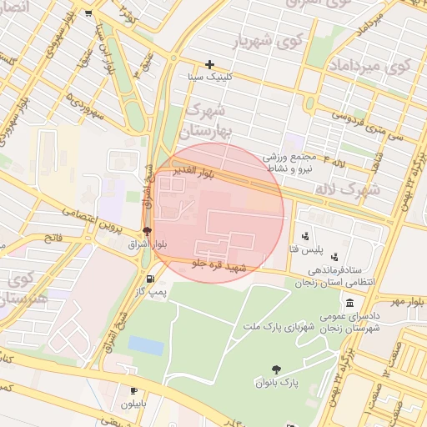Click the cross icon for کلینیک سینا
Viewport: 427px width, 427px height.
point(209,64)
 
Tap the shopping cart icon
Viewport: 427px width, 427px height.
point(88,13)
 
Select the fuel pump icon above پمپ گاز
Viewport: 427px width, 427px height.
point(150,279)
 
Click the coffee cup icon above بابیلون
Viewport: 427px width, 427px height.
point(133,390)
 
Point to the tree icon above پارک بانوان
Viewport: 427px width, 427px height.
point(276,369)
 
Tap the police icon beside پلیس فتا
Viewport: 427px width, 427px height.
point(305,237)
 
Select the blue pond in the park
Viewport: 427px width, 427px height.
point(146,345)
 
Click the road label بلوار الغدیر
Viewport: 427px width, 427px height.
point(193,173)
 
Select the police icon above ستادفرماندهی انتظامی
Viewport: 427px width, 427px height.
point(334,256)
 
